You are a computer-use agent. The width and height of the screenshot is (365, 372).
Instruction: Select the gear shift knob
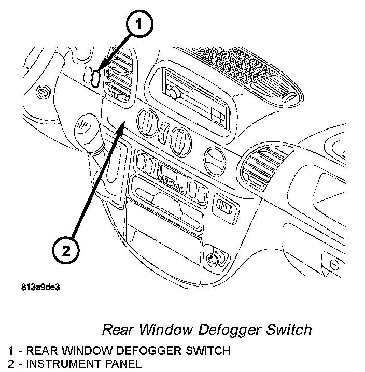(85, 130)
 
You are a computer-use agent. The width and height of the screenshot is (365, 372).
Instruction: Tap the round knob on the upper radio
(174, 93)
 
